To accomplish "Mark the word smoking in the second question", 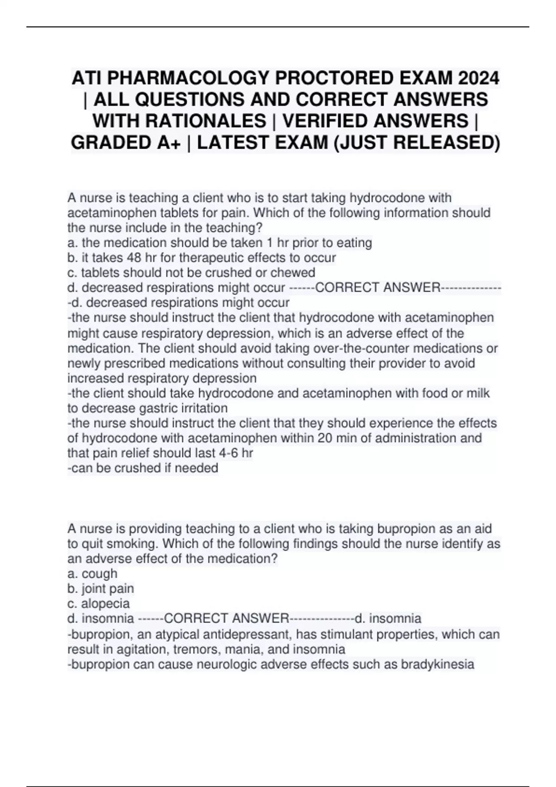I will (x=132, y=543).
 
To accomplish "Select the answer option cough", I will (x=99, y=574).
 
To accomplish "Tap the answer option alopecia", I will (x=105, y=604).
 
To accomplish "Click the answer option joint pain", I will (x=107, y=589).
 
